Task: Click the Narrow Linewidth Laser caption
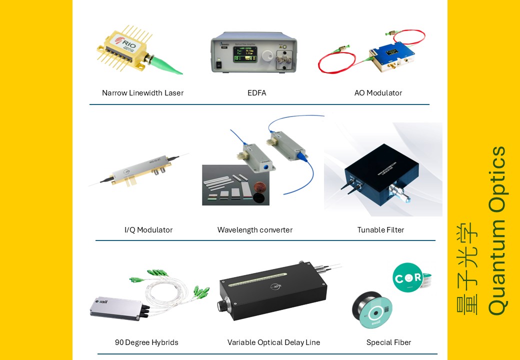[142, 93]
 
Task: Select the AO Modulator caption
[378, 93]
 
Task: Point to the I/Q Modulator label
[148, 230]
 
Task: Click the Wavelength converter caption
[255, 230]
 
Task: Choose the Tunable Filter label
[380, 230]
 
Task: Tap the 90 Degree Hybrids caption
[146, 342]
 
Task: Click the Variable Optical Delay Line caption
[273, 342]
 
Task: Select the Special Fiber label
[388, 342]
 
